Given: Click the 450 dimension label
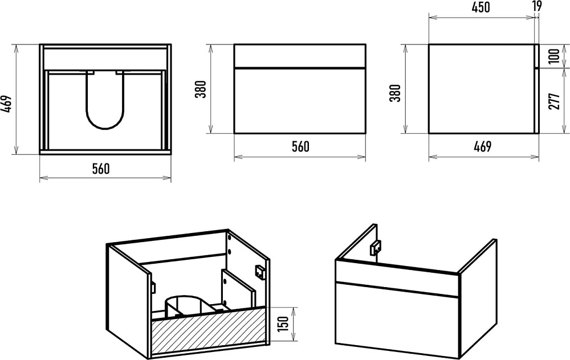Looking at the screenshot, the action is (x=481, y=7).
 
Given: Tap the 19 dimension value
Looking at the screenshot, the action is (x=537, y=6).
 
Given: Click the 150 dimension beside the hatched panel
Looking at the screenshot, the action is (x=283, y=324).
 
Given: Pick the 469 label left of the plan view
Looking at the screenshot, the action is (x=8, y=105).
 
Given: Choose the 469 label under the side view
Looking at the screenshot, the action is (x=482, y=146).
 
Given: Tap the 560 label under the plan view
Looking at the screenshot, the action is (x=101, y=169).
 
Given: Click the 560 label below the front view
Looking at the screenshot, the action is (x=300, y=146).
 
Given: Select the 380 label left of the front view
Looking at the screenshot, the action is (x=201, y=89).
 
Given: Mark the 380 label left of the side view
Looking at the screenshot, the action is (x=395, y=93).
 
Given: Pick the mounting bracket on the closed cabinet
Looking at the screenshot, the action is (x=376, y=248).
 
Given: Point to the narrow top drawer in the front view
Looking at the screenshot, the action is (x=300, y=56).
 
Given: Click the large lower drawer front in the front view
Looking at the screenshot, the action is (x=300, y=101).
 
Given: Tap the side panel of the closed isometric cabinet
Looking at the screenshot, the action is (x=477, y=298).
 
